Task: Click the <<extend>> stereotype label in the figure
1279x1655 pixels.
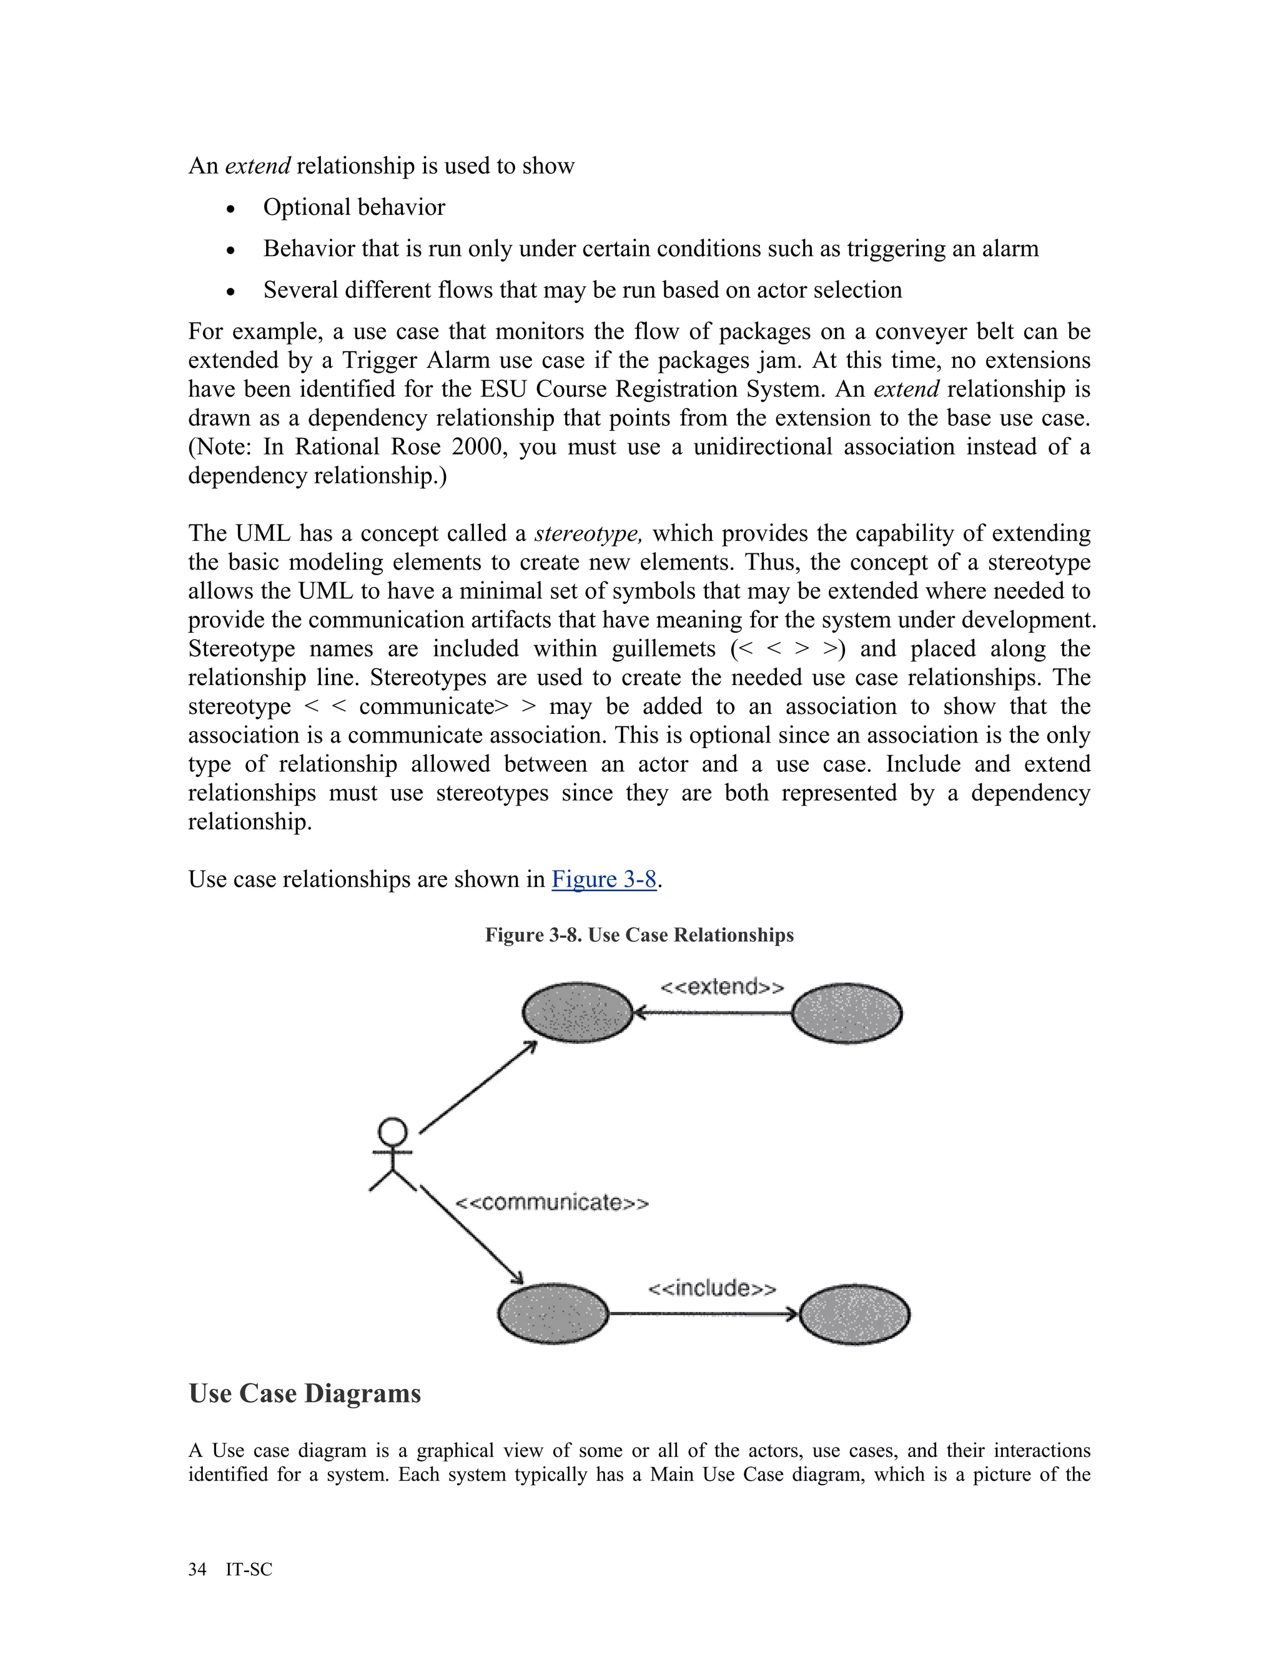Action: [x=721, y=987]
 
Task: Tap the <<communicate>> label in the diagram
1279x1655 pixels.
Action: [x=551, y=1203]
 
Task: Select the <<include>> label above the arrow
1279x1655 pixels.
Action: [x=711, y=1288]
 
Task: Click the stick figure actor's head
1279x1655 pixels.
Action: [x=392, y=1132]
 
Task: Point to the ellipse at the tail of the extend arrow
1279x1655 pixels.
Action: [x=846, y=1013]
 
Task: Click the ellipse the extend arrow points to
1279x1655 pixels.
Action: [x=578, y=1012]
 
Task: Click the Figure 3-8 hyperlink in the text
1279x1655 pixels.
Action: [x=603, y=879]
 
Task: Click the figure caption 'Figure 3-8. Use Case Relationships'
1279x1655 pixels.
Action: [x=639, y=934]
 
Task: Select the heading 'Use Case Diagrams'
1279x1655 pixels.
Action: [x=304, y=1393]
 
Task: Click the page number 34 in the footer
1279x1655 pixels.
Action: [x=197, y=1569]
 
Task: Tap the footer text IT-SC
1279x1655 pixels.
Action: [x=249, y=1569]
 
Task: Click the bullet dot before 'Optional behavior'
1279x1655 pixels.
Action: [x=230, y=209]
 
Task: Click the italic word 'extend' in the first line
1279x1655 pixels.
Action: [x=258, y=165]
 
